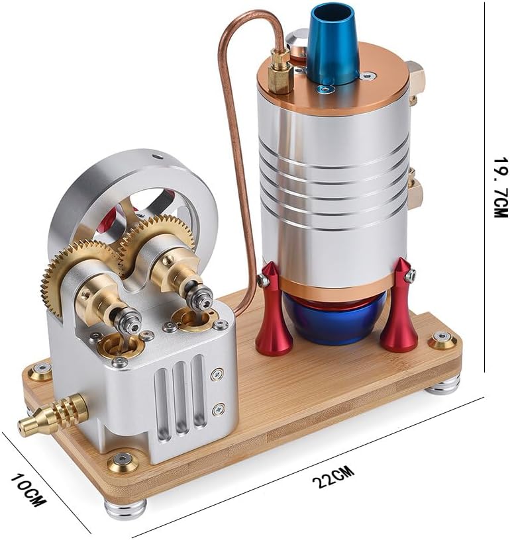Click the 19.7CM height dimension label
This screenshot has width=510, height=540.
click(500, 188)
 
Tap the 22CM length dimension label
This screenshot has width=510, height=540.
click(333, 476)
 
